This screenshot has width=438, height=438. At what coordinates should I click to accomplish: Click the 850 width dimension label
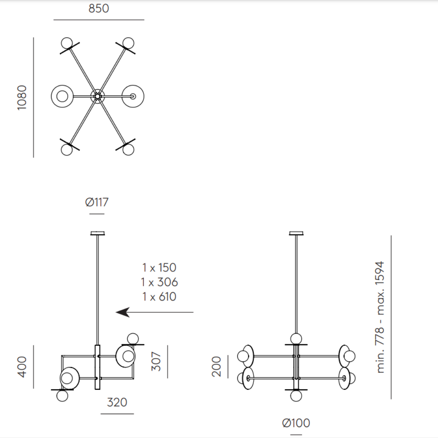(99, 9)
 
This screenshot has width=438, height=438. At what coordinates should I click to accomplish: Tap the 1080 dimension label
(22, 98)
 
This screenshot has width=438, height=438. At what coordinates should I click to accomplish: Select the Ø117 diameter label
(97, 202)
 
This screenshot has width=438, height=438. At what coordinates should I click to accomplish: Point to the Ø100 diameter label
(296, 423)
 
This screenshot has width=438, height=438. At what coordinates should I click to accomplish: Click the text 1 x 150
(159, 268)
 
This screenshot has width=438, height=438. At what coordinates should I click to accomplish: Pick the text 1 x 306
(159, 282)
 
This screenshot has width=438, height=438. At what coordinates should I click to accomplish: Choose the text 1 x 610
(159, 296)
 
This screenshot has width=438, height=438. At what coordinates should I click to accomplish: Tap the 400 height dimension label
(22, 367)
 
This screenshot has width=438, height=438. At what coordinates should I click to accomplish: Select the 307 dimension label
(156, 361)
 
